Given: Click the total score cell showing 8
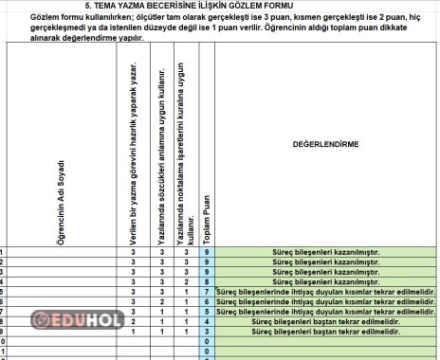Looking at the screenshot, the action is coord(207,281).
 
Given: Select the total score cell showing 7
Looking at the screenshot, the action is coord(207,291).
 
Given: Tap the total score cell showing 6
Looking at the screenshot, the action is coord(207,301).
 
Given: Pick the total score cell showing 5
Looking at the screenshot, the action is coord(207,312).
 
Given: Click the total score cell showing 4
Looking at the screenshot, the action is coord(207,322).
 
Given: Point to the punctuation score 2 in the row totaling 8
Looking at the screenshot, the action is coord(188,281).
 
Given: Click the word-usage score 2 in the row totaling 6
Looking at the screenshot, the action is coord(162,301).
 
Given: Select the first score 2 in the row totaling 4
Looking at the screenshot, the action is coord(135,322).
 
